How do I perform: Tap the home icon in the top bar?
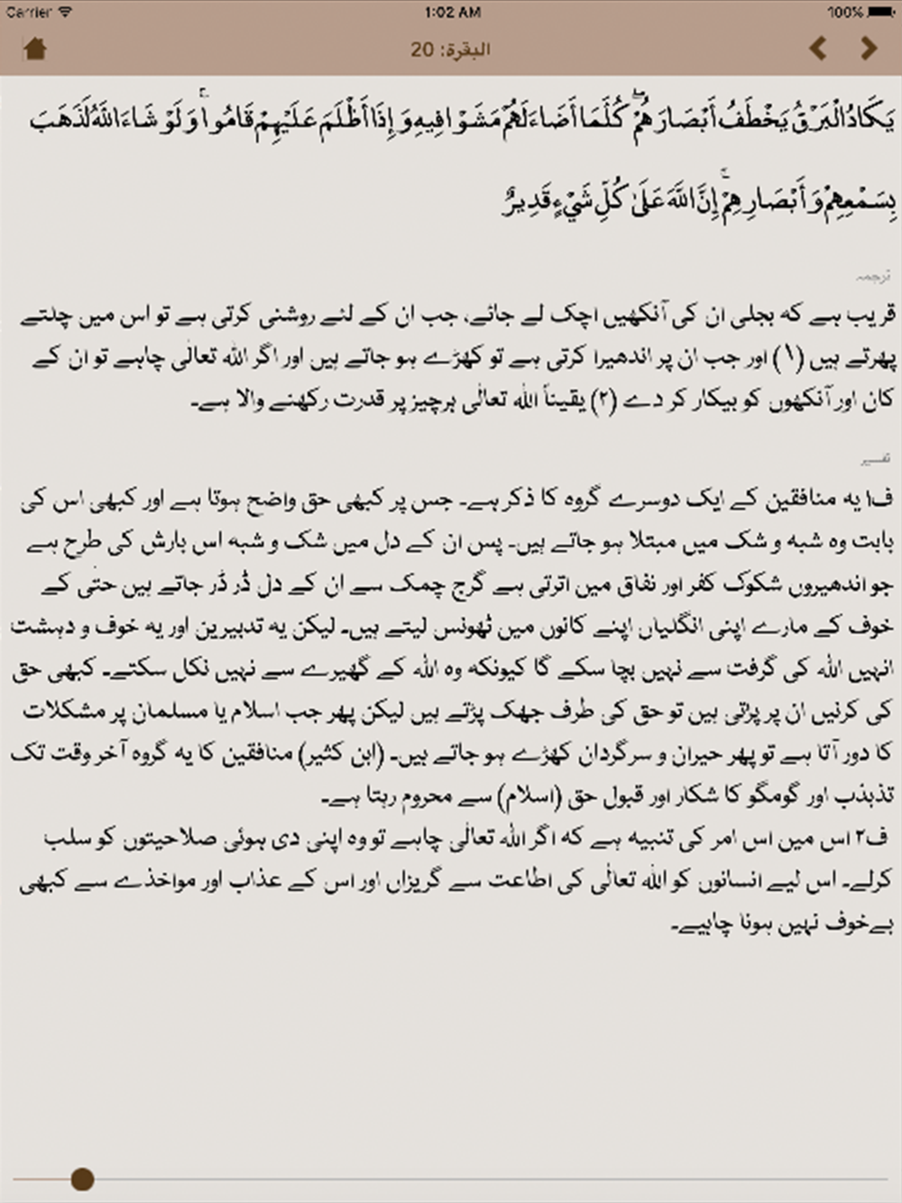click(35, 49)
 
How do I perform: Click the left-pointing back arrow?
click(818, 48)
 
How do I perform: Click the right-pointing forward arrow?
click(869, 48)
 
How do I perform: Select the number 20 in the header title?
click(422, 50)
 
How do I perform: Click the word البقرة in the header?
click(466, 50)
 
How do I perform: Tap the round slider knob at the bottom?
click(82, 1178)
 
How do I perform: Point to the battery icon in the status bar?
click(881, 12)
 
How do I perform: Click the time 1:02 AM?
click(452, 12)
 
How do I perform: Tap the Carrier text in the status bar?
click(29, 12)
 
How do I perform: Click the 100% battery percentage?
click(845, 12)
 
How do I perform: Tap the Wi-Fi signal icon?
click(65, 12)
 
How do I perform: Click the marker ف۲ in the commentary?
click(873, 838)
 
